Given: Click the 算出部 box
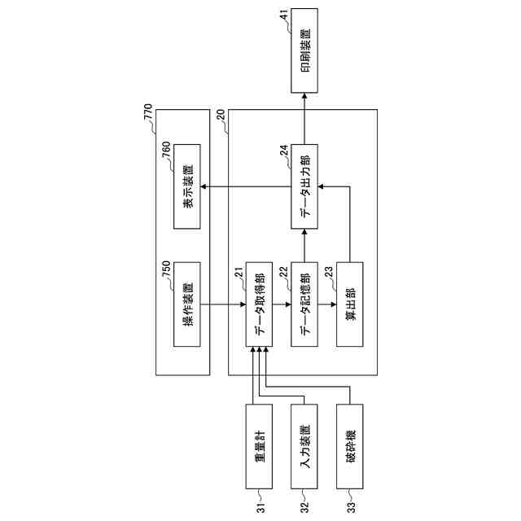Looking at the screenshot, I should [350, 305].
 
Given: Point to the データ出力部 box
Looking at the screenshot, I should [304, 186].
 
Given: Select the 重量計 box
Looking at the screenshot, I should [259, 445].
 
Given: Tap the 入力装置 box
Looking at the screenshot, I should [304, 445].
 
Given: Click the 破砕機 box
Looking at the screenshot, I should [350, 445].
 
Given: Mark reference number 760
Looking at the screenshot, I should [166, 147].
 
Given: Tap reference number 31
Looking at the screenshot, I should [259, 506].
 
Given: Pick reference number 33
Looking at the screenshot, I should [350, 506].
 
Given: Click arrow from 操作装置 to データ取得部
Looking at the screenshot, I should [223, 305].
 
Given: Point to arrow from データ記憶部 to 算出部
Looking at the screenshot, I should [327, 305].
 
